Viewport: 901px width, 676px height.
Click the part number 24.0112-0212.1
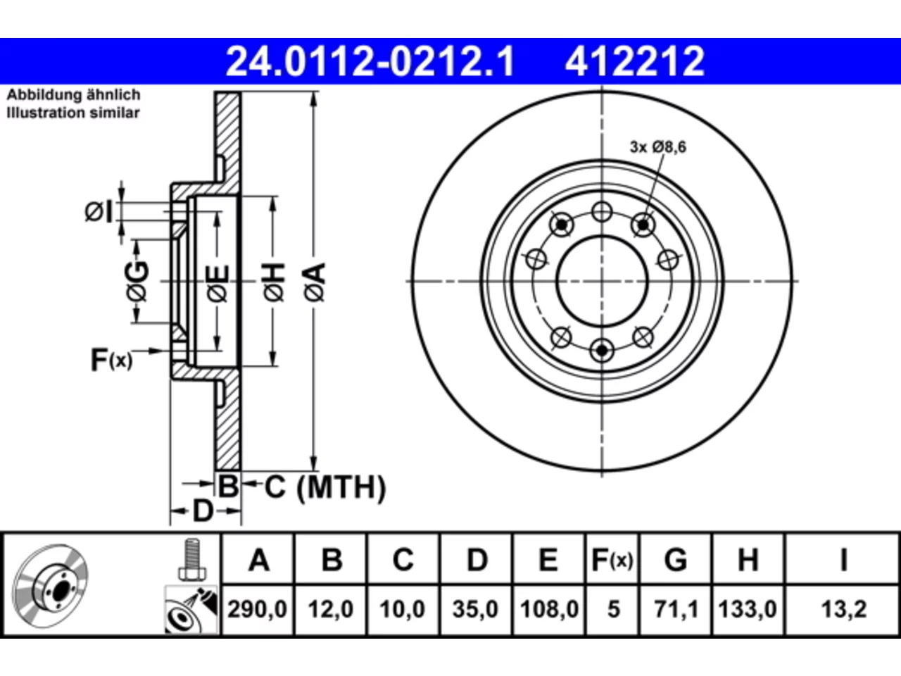(x=370, y=61)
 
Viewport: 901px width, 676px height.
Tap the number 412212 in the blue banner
(x=635, y=61)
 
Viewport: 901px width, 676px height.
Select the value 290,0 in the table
(x=257, y=609)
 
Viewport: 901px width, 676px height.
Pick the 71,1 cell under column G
(x=676, y=609)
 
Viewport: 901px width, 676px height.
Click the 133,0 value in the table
(x=747, y=609)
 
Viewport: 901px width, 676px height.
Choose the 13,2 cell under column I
(x=843, y=609)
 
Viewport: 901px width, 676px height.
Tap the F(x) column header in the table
(x=612, y=559)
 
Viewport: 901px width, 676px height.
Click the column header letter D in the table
(x=477, y=559)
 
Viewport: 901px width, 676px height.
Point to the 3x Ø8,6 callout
(x=658, y=147)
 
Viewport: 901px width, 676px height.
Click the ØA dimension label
(x=315, y=282)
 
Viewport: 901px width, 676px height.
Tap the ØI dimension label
(x=99, y=212)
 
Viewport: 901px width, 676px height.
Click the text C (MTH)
(x=325, y=487)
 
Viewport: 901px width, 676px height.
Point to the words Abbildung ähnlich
(x=74, y=95)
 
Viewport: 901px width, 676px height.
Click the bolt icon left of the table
(x=192, y=559)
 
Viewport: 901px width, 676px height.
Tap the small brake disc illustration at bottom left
(x=51, y=586)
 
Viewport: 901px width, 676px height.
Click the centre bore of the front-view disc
(x=602, y=282)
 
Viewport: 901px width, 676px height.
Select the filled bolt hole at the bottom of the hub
(x=602, y=351)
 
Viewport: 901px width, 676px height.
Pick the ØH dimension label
(x=275, y=282)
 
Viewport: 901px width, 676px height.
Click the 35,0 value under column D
(x=475, y=609)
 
